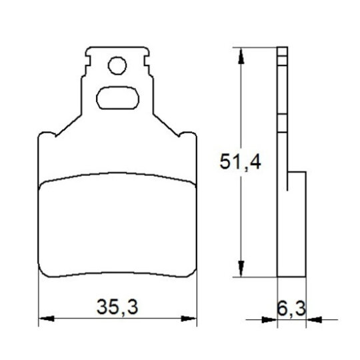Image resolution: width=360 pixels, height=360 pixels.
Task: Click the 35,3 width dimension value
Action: tap(117, 307)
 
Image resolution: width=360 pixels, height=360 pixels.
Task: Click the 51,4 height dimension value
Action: tap(240, 162)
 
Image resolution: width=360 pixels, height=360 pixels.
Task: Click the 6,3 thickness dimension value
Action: tap(291, 309)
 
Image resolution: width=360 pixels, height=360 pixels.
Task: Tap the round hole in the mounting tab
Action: tap(117, 65)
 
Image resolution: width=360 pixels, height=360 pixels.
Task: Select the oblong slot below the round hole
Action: tap(117, 98)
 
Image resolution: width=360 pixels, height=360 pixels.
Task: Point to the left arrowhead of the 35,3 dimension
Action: tap(47, 319)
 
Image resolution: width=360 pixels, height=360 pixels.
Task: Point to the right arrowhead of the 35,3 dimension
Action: tap(189, 319)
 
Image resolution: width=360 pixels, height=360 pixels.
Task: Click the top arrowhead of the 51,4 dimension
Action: tap(241, 56)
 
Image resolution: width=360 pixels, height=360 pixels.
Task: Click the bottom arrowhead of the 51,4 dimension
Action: tap(241, 269)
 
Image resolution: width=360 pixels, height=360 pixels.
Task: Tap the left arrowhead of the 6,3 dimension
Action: tap(269, 319)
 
